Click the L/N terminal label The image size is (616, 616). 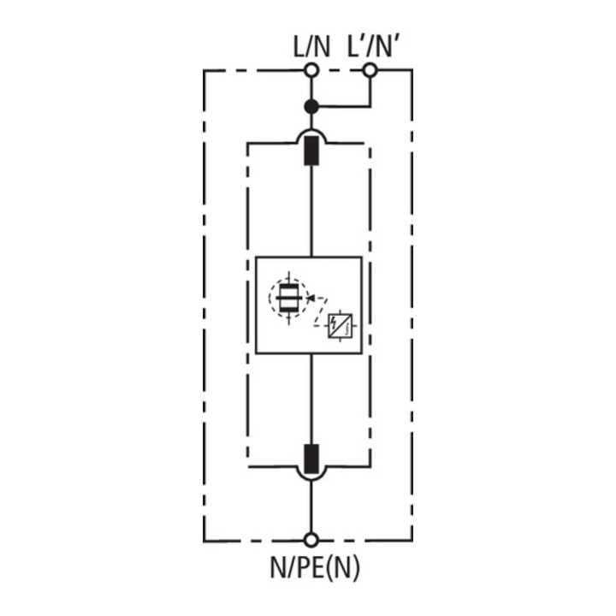pyautogui.click(x=311, y=47)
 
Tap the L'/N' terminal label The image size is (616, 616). pyautogui.click(x=374, y=47)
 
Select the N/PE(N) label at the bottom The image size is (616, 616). pyautogui.click(x=315, y=567)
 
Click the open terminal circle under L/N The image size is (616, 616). pyautogui.click(x=311, y=71)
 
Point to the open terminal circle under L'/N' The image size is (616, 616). pyautogui.click(x=370, y=71)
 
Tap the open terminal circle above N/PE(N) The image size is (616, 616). pyautogui.click(x=311, y=540)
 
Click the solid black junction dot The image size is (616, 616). pyautogui.click(x=311, y=106)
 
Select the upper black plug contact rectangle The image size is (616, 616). pyautogui.click(x=311, y=151)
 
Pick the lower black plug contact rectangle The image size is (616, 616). pyautogui.click(x=311, y=459)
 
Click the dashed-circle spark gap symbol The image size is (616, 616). pyautogui.click(x=289, y=299)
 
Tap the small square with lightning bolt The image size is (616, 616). pyautogui.click(x=341, y=326)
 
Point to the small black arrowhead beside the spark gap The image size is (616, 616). pyautogui.click(x=310, y=299)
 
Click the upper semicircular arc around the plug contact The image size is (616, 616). pyautogui.click(x=311, y=130)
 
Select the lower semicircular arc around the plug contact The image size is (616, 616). pyautogui.click(x=311, y=480)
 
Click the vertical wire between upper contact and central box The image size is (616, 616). pyautogui.click(x=311, y=211)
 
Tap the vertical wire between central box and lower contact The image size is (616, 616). pyautogui.click(x=311, y=400)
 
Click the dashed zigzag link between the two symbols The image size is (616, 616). pyautogui.click(x=320, y=312)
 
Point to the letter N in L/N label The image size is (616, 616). pyautogui.click(x=321, y=47)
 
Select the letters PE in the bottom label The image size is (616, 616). pyautogui.click(x=310, y=567)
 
